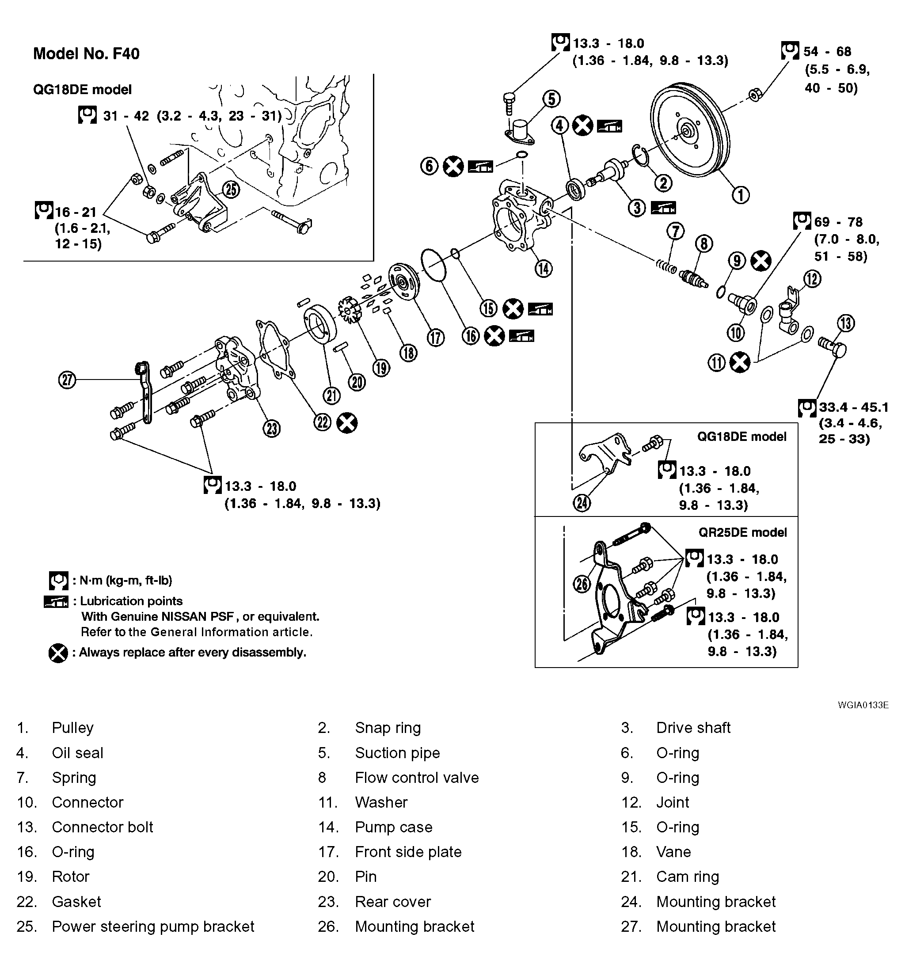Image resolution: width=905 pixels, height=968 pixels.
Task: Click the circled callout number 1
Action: click(x=740, y=195)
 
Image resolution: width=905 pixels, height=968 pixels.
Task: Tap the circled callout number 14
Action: click(x=543, y=268)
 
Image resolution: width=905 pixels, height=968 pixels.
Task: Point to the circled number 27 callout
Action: click(x=67, y=380)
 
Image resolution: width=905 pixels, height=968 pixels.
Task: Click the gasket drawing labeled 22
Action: click(x=276, y=349)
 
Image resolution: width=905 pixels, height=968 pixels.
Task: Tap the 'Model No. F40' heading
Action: click(x=86, y=53)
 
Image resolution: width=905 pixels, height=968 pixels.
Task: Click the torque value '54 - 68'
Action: click(x=827, y=51)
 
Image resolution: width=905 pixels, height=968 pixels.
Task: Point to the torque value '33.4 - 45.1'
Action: click(x=853, y=407)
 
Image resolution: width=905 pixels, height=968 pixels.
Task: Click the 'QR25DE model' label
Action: click(x=742, y=532)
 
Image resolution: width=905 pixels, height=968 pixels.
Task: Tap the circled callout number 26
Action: click(x=582, y=584)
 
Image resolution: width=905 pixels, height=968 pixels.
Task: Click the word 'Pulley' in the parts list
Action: click(x=72, y=728)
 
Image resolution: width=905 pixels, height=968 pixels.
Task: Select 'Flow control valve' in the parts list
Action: click(x=416, y=778)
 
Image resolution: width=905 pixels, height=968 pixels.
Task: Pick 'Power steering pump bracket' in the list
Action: click(x=153, y=926)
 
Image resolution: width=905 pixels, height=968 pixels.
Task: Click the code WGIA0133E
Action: click(x=863, y=705)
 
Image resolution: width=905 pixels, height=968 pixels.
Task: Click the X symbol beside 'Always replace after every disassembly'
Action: click(x=58, y=653)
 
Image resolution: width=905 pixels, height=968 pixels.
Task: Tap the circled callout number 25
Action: click(x=231, y=190)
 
